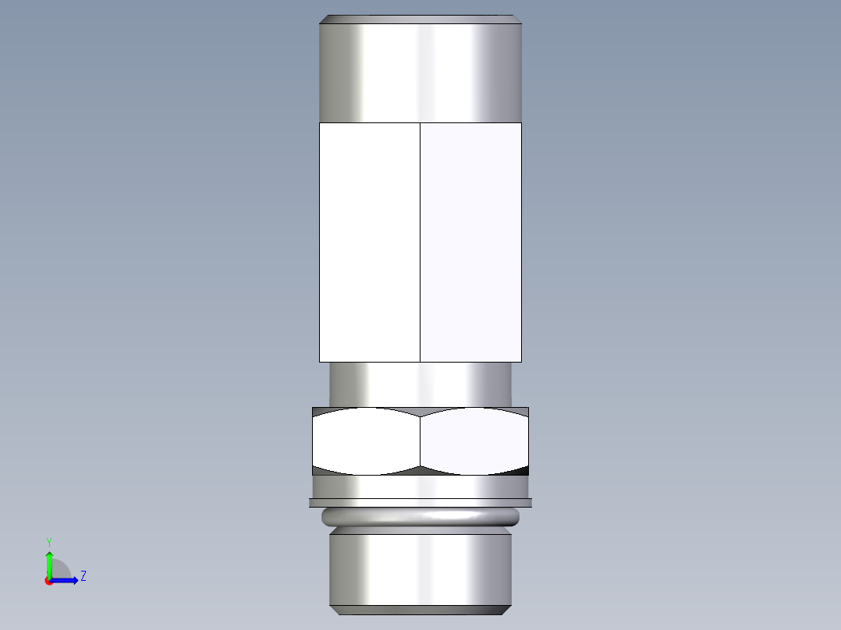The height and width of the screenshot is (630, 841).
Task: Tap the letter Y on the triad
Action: (x=48, y=541)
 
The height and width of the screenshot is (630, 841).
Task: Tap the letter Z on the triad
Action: (x=83, y=576)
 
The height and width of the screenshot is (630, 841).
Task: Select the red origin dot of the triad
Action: (x=48, y=581)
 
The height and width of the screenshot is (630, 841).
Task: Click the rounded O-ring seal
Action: (x=420, y=516)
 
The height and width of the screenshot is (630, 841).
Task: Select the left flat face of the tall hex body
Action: (x=370, y=242)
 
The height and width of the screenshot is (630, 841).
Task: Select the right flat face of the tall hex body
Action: (x=470, y=242)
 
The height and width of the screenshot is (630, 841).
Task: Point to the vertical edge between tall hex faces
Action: (x=420, y=242)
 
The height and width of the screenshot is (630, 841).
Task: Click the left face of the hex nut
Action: (x=367, y=441)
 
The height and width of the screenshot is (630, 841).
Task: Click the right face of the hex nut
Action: (x=474, y=441)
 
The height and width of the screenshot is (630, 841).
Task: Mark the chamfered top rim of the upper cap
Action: (x=420, y=19)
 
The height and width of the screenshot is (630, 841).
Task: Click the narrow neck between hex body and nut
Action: (x=420, y=384)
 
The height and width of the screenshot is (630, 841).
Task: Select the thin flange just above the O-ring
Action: (x=420, y=503)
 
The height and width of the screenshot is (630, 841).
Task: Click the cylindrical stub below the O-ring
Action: (x=420, y=568)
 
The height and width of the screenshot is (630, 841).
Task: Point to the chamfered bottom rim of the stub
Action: (x=420, y=610)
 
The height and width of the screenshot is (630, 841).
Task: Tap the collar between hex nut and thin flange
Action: (x=420, y=487)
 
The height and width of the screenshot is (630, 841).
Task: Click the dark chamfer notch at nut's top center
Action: (x=420, y=412)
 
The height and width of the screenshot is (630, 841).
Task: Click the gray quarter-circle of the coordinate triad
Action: (x=60, y=571)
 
